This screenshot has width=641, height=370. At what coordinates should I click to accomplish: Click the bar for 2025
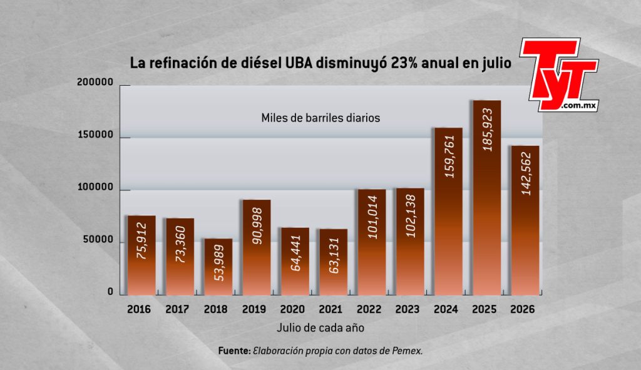487,198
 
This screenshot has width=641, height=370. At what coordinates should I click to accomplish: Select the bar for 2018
218,267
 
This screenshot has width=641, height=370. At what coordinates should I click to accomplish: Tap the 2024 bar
448,212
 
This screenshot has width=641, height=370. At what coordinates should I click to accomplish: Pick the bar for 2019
257,248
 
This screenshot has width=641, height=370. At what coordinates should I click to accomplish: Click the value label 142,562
526,173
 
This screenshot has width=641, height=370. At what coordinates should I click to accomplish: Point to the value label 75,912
142,241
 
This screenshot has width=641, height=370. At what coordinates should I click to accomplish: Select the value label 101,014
372,217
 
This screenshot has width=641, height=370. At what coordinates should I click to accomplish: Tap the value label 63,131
334,254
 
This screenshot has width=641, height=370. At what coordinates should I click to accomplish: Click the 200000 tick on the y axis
95,82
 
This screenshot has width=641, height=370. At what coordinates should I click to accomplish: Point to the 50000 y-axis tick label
98,240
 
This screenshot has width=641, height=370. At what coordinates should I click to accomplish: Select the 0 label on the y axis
110,292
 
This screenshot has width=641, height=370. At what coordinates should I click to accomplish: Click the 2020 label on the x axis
292,309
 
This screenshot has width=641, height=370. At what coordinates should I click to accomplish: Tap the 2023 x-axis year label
408,309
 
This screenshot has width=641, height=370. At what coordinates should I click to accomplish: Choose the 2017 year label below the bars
177,309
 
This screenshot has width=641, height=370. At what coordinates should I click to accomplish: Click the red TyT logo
559,75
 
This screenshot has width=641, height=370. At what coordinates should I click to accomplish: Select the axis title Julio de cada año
320,328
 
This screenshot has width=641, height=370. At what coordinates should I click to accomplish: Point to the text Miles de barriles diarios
320,118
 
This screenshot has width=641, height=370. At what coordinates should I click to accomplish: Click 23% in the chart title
404,63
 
